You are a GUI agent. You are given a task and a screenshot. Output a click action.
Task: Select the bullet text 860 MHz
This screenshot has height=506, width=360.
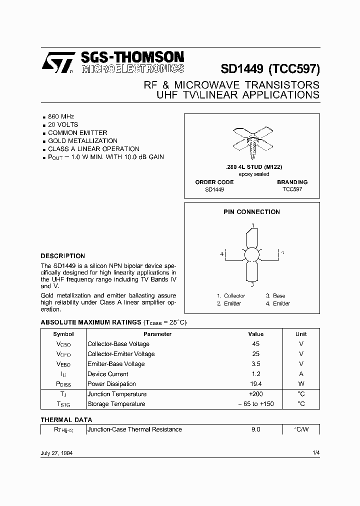pyautogui.click(x=61, y=116)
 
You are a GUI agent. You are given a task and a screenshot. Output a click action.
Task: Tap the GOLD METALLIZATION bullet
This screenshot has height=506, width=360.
pyautogui.click(x=82, y=141)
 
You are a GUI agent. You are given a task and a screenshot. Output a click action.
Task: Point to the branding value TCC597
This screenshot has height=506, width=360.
pyautogui.click(x=292, y=189)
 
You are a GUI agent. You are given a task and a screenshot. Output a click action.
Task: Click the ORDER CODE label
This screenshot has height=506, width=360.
pyautogui.click(x=214, y=182)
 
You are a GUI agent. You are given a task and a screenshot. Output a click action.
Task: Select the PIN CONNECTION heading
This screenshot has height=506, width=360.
pyautogui.click(x=251, y=212)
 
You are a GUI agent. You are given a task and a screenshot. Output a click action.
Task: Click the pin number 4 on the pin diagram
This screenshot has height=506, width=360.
pyautogui.click(x=221, y=254)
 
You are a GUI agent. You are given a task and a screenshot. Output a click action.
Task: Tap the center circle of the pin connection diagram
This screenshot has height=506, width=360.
pyautogui.click(x=253, y=254)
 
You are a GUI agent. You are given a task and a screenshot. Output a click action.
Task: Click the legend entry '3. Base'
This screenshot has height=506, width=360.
pyautogui.click(x=275, y=296)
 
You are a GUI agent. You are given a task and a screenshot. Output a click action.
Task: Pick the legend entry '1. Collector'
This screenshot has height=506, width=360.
pyautogui.click(x=231, y=296)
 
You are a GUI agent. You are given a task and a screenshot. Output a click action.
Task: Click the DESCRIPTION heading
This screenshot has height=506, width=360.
pyautogui.click(x=62, y=255)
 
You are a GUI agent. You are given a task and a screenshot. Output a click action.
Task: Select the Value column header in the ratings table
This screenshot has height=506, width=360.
pyautogui.click(x=255, y=334)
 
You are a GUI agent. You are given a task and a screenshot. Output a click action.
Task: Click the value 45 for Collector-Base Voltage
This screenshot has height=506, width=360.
pyautogui.click(x=255, y=344)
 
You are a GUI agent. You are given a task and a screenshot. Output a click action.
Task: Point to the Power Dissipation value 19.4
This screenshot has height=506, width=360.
pyautogui.click(x=255, y=384)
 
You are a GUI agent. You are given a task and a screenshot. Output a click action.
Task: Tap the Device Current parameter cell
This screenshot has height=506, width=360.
pyautogui.click(x=107, y=374)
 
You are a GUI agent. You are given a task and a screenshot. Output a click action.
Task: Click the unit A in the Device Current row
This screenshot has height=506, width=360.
pyautogui.click(x=301, y=374)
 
